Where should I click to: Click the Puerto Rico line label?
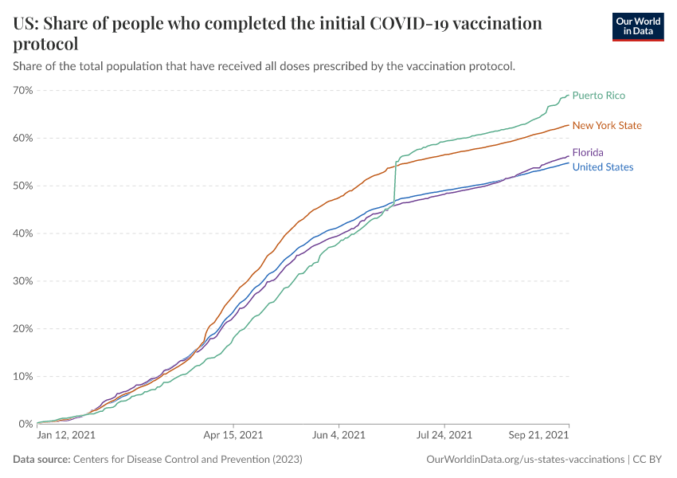pyautogui.click(x=598, y=96)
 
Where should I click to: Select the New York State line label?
pyautogui.click(x=607, y=125)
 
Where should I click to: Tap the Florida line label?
pyautogui.click(x=588, y=152)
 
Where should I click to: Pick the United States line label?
pyautogui.click(x=603, y=167)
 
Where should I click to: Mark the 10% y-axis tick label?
pyautogui.click(x=23, y=376)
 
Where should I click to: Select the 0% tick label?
pyautogui.click(x=25, y=424)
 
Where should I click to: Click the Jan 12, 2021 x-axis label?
pyautogui.click(x=67, y=436)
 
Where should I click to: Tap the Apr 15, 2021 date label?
pyautogui.click(x=234, y=436)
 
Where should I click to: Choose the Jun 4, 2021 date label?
pyautogui.click(x=338, y=436)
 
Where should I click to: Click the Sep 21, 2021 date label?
pyautogui.click(x=539, y=436)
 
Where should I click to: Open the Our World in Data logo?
pyautogui.click(x=638, y=25)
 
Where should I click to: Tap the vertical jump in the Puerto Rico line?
pyautogui.click(x=395, y=183)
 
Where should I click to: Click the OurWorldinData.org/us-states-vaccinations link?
pyautogui.click(x=526, y=460)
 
